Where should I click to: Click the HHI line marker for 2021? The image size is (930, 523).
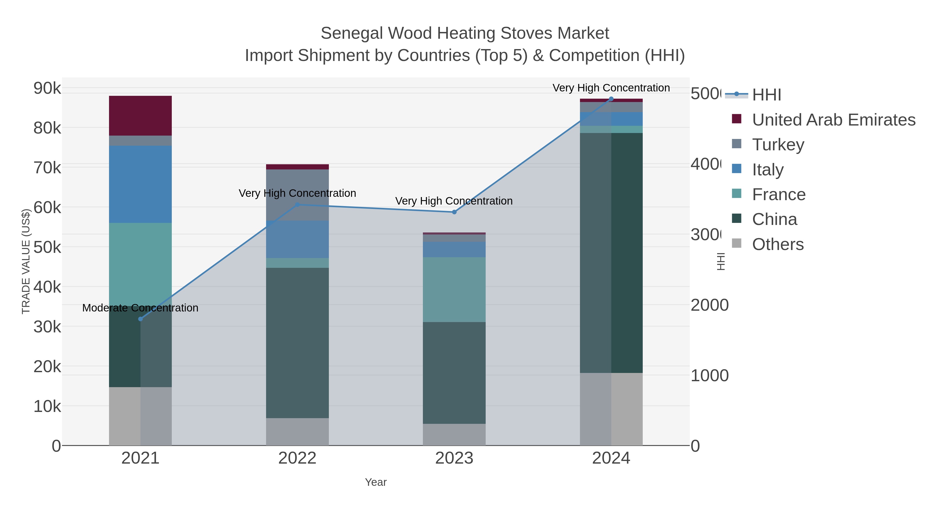141,319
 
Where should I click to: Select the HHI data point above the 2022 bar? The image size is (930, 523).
298,205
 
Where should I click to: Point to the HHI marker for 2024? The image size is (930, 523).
611,99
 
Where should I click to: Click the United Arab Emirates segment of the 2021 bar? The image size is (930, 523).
141,115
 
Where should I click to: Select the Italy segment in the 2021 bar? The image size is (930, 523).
141,184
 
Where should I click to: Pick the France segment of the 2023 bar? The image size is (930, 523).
454,290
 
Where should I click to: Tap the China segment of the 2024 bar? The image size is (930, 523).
611,253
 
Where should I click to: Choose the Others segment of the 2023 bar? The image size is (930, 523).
454,435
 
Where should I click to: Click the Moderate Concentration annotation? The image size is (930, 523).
141,308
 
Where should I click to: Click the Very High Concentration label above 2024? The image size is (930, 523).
611,88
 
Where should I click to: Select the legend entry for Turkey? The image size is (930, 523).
778,145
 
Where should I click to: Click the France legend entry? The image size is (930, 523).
779,194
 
